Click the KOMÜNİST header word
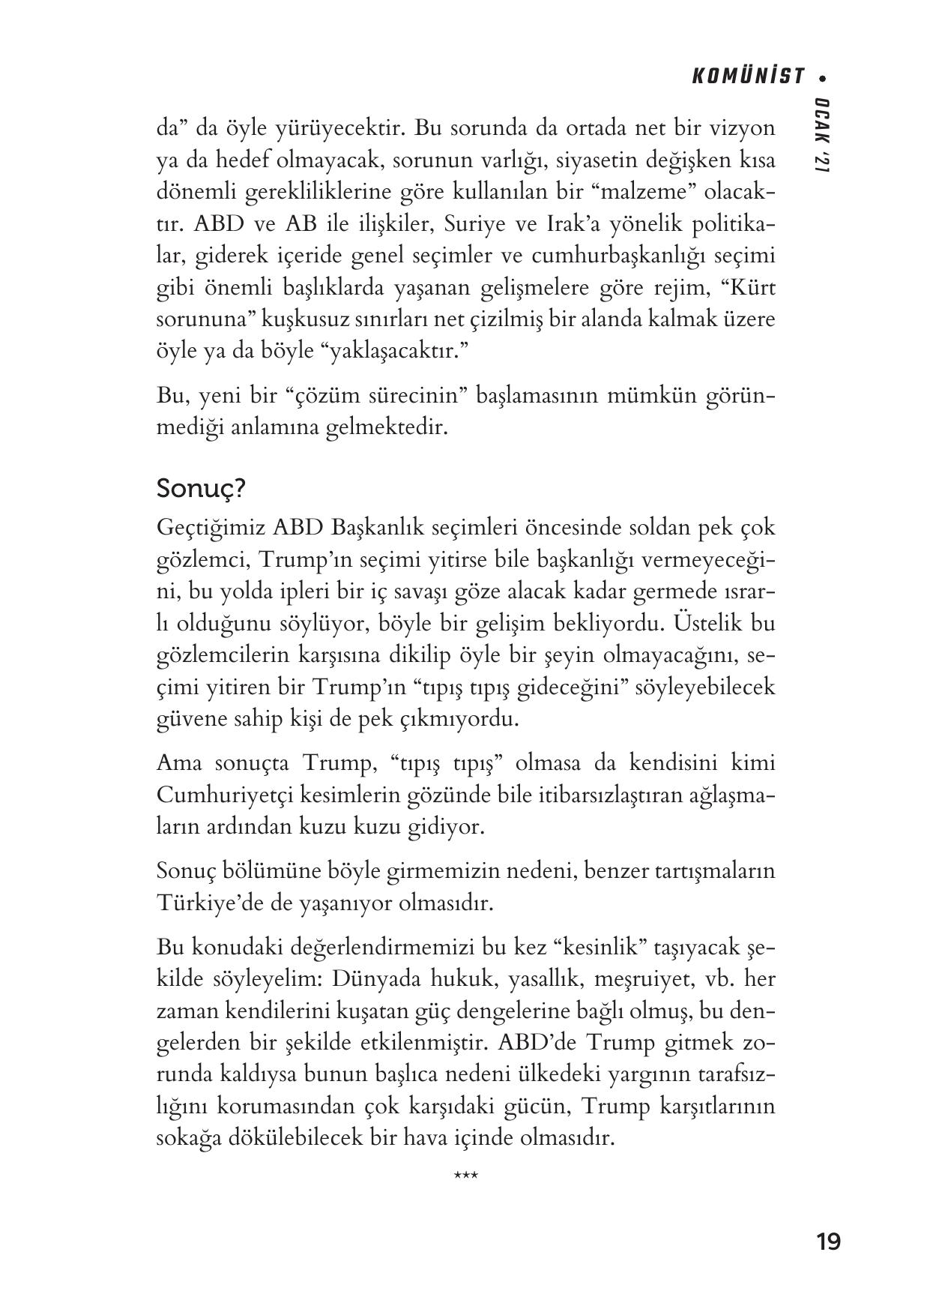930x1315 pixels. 747,76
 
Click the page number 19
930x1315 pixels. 829,1242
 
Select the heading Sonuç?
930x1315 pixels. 202,489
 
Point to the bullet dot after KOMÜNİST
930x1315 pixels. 824,77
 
